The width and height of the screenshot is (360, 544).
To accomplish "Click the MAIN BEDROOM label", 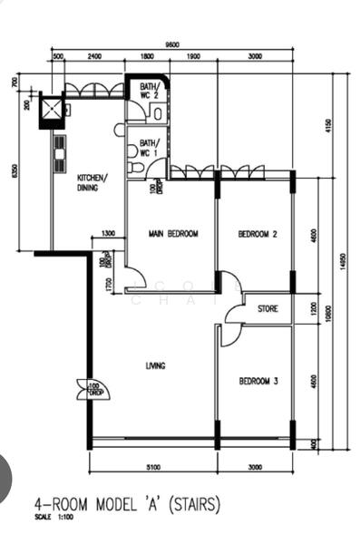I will pos(173,234).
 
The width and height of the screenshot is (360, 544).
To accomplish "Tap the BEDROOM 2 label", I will pos(258,234).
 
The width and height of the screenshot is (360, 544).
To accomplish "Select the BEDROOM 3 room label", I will pos(258,382).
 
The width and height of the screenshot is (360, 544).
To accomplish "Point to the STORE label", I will pos(268,309).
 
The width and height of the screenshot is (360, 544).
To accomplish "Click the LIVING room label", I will pos(155,365).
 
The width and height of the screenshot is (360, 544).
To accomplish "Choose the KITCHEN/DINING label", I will pos(92,182).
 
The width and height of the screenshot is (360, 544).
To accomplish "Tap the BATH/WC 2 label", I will pos(149,92).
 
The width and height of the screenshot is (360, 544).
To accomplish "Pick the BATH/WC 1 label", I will pos(149,148).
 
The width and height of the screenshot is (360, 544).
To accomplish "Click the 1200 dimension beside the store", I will pos(314,308).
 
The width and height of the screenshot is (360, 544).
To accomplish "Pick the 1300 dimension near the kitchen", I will pos(108,234).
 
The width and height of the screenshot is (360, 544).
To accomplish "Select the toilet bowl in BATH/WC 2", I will pos(158,112).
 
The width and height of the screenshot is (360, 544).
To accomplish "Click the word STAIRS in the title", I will pos(195,504).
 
